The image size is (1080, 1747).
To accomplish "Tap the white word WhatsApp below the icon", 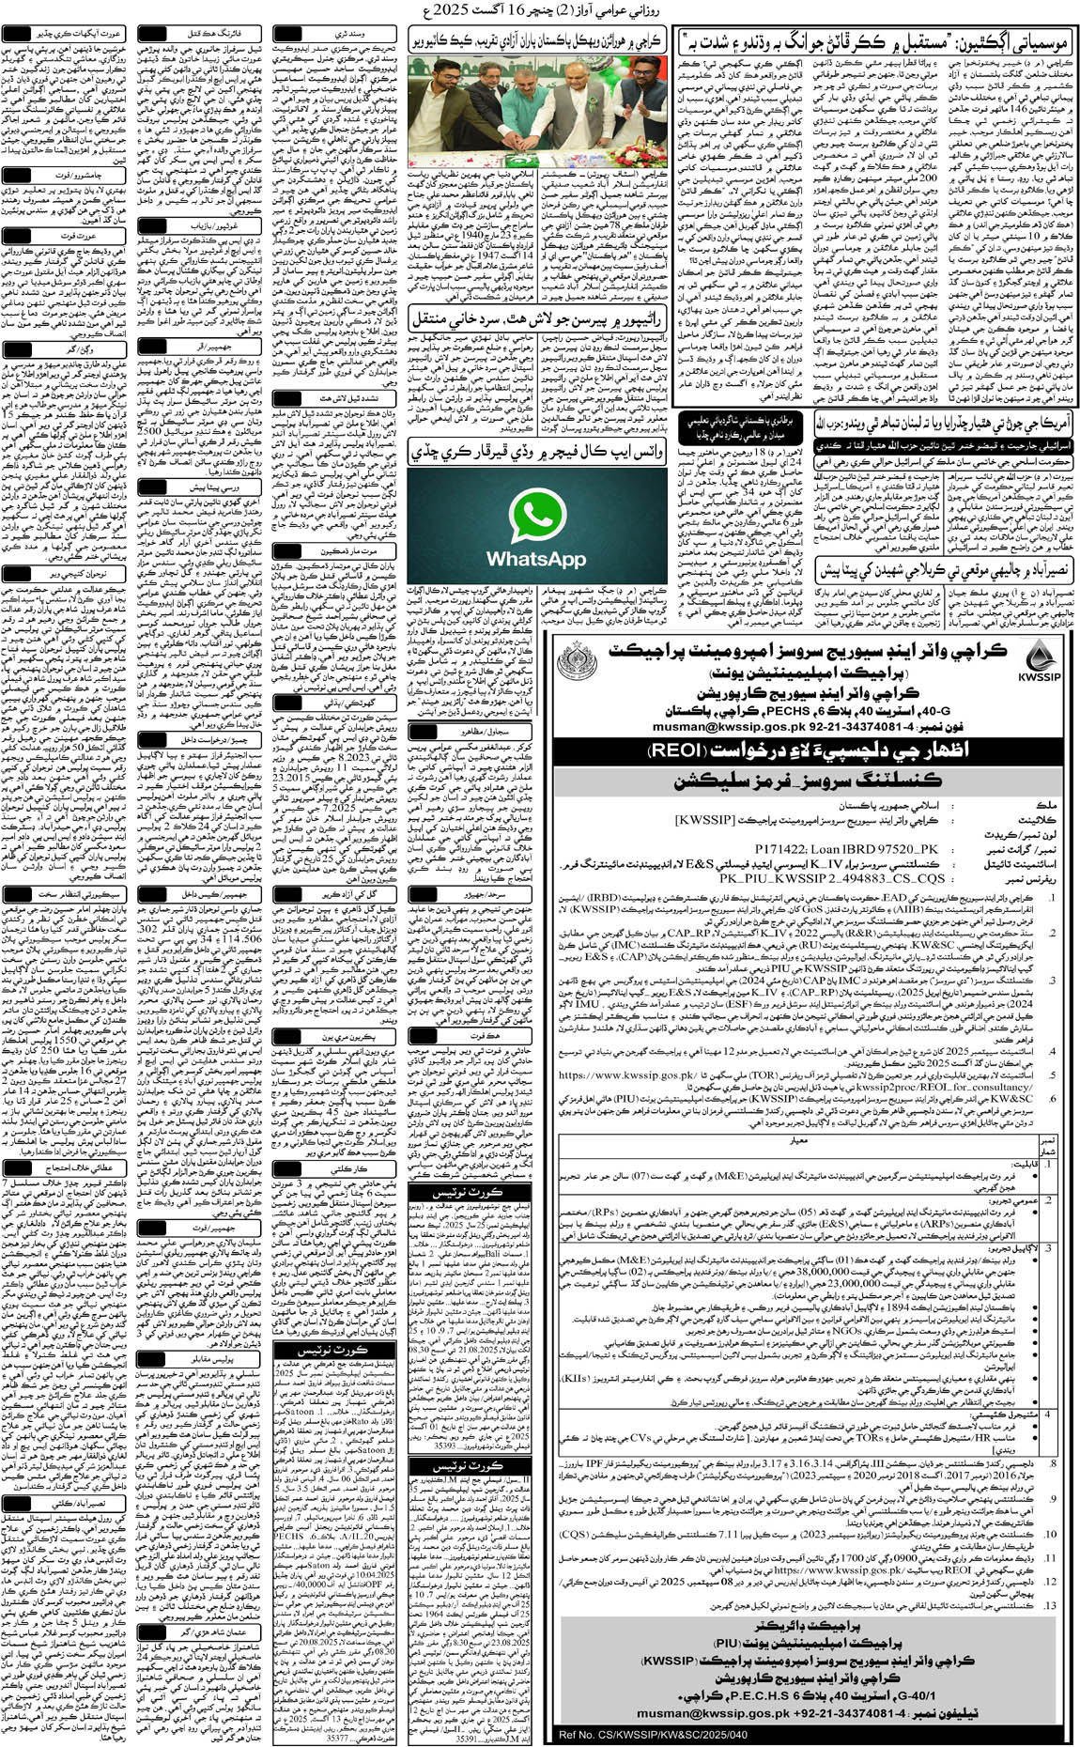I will point(536,559).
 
